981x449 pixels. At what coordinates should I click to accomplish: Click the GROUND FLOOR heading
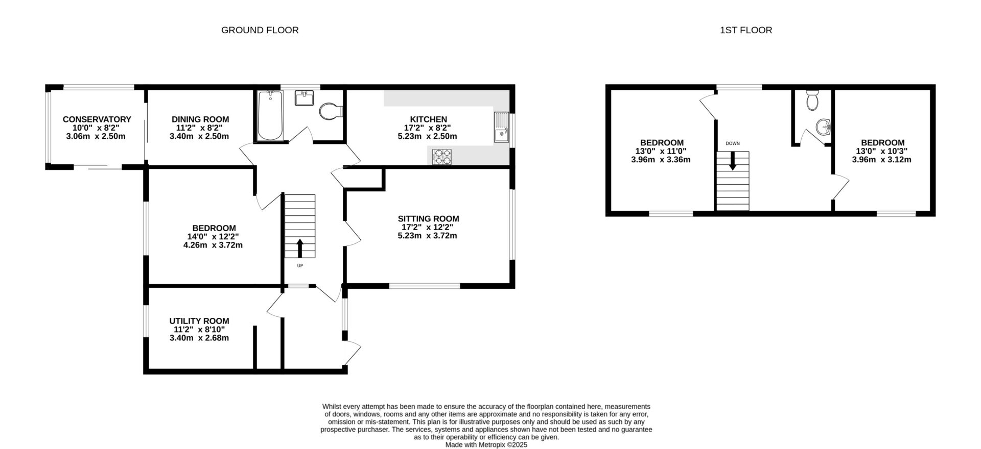click(260, 30)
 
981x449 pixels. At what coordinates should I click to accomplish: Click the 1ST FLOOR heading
click(745, 30)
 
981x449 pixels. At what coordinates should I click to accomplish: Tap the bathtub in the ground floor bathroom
click(270, 116)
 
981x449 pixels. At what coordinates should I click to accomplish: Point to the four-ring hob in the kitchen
click(442, 157)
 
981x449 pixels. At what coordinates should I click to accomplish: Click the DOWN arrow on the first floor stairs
click(732, 162)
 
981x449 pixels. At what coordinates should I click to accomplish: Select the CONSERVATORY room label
click(97, 119)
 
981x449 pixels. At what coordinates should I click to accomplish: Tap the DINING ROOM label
click(200, 119)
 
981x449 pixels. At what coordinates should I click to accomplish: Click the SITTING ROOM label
click(428, 219)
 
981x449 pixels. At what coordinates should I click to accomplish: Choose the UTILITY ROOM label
click(199, 321)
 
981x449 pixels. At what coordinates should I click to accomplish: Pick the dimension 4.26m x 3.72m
click(213, 245)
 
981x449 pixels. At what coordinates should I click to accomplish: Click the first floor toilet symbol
click(812, 101)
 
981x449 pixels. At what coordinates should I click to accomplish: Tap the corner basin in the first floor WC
click(822, 127)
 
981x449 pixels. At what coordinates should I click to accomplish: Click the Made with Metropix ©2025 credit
click(486, 444)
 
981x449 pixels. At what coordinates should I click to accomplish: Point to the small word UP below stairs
click(300, 266)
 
